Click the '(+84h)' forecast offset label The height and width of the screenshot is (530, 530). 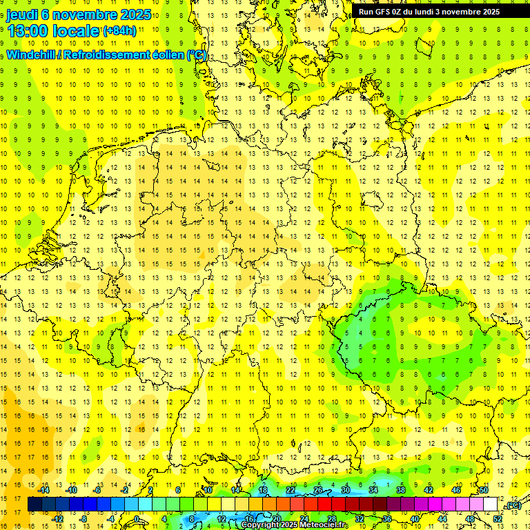coord(119,31)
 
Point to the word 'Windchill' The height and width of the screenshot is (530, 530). coord(31,55)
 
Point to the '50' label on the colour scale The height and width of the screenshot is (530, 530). coord(484,490)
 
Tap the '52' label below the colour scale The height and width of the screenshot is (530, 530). coord(498,519)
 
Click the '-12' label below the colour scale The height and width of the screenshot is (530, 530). coord(58,519)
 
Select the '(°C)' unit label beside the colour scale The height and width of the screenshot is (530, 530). coord(512,505)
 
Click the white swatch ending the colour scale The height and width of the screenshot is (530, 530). coord(491,504)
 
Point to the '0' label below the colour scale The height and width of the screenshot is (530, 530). coord(137,519)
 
